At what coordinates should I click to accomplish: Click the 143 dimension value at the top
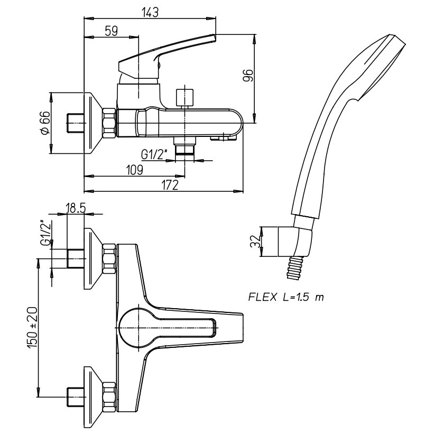(150, 12)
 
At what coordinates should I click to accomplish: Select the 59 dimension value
(112, 31)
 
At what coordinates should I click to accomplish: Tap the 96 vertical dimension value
(248, 75)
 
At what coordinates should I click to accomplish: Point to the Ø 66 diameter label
(45, 123)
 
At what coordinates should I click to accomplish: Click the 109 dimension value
(135, 170)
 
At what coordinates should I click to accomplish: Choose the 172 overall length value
(170, 185)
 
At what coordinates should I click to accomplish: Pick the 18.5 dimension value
(76, 208)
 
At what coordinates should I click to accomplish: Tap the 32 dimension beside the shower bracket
(255, 242)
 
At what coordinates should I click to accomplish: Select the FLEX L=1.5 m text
(286, 297)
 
